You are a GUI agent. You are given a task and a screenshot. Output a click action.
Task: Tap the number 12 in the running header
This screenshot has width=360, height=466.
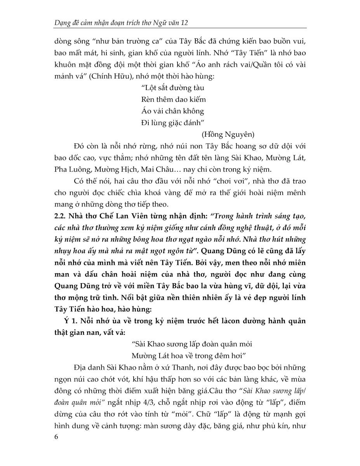tap(184, 23)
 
